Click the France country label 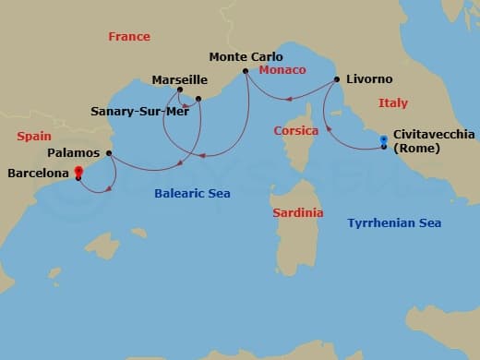click(x=128, y=37)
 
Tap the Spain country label click(x=33, y=136)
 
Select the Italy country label click(x=393, y=103)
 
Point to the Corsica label click(x=296, y=131)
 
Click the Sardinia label click(x=298, y=212)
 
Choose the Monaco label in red click(x=282, y=70)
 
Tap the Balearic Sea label click(x=193, y=194)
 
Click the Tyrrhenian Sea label click(x=394, y=222)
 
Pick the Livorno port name click(x=368, y=79)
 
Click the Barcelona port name click(x=37, y=172)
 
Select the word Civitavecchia click(x=434, y=134)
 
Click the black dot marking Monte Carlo click(x=245, y=71)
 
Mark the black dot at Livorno click(x=336, y=79)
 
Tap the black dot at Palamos click(x=110, y=153)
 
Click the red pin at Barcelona click(x=78, y=171)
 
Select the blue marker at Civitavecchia click(x=384, y=140)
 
